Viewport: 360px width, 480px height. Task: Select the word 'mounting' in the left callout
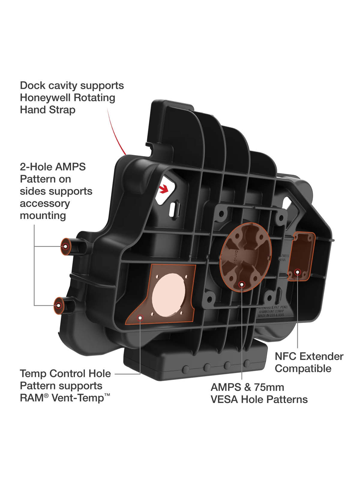pos(43,215)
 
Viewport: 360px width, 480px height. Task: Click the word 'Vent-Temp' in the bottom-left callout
pos(77,398)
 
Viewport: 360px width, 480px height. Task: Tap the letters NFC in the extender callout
pos(286,356)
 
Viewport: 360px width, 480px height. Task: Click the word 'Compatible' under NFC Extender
pos(303,369)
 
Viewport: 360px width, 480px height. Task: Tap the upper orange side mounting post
pos(65,246)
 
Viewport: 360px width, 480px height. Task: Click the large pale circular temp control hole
pos(169,295)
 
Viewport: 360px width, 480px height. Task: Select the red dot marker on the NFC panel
pos(297,272)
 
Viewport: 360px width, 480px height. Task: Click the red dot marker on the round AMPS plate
pos(242,284)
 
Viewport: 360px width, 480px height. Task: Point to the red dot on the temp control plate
pos(140,317)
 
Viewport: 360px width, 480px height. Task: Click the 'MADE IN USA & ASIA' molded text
pos(271,316)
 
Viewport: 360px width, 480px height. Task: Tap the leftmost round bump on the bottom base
pos(186,369)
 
